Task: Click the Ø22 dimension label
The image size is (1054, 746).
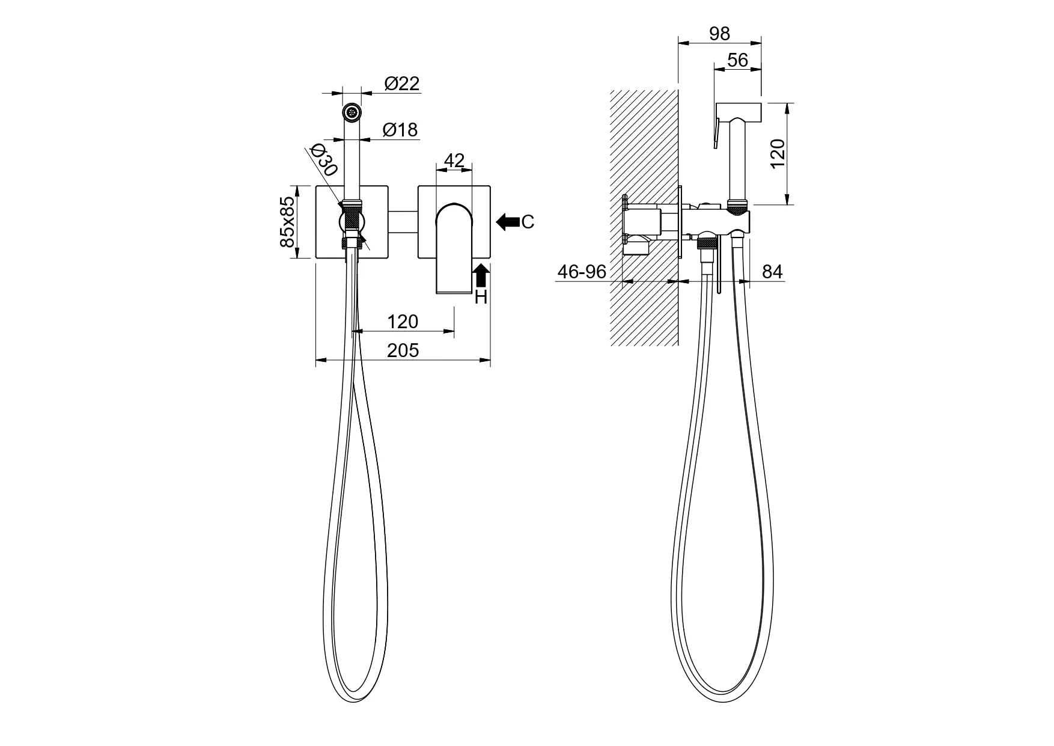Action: [x=402, y=84]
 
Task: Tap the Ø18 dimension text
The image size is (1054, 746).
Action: [x=400, y=130]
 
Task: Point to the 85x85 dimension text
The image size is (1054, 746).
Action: [x=288, y=222]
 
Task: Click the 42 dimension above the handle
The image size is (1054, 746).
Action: [x=454, y=161]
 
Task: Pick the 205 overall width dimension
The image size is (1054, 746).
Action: [x=403, y=350]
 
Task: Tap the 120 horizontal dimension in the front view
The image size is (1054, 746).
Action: [x=403, y=322]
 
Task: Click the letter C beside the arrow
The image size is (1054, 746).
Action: [x=528, y=222]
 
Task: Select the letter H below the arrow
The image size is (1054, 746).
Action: [x=481, y=297]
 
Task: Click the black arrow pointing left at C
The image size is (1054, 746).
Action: [x=508, y=222]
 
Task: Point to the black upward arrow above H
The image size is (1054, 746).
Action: [x=481, y=276]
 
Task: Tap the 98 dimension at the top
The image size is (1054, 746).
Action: [x=719, y=34]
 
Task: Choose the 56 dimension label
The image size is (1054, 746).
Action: [x=737, y=60]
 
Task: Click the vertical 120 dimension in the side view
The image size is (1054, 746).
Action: [x=777, y=154]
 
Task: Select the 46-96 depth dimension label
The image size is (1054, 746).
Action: [x=582, y=272]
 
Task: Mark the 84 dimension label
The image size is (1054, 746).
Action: [x=772, y=272]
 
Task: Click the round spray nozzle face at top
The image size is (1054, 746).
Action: [x=352, y=112]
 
